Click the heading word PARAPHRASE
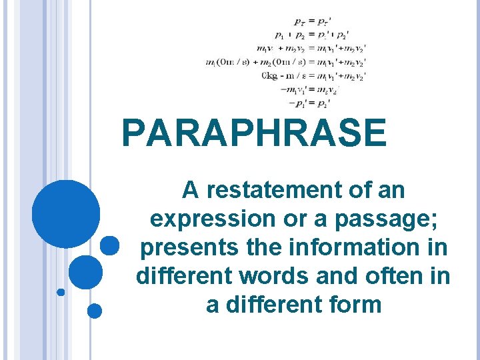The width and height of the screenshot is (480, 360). (254, 133)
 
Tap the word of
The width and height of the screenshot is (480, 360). (361, 191)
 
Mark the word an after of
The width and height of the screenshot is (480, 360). (392, 191)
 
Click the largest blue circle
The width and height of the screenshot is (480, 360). (66, 214)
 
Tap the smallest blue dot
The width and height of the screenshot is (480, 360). (61, 292)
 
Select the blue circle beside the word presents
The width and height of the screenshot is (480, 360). (109, 245)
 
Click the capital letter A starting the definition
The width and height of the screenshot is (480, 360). (191, 191)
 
